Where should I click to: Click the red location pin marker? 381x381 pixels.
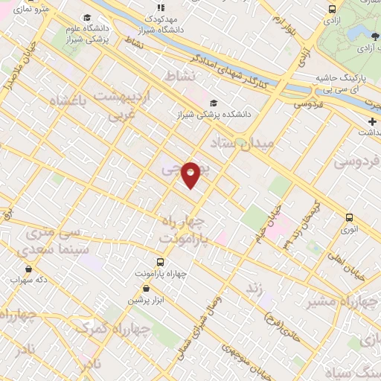pyautogui.click(x=191, y=174)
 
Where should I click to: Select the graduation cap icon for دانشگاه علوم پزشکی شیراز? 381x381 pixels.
pyautogui.click(x=87, y=17)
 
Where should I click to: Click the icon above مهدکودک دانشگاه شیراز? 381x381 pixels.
pyautogui.click(x=160, y=7)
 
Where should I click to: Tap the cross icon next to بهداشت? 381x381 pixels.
pyautogui.click(x=371, y=121)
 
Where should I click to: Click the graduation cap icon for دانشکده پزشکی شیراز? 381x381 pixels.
pyautogui.click(x=214, y=103)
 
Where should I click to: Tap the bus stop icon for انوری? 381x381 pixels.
pyautogui.click(x=350, y=218)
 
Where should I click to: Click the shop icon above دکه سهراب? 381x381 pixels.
pyautogui.click(x=28, y=269)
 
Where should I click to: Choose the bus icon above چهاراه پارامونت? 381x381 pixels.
pyautogui.click(x=160, y=262)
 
